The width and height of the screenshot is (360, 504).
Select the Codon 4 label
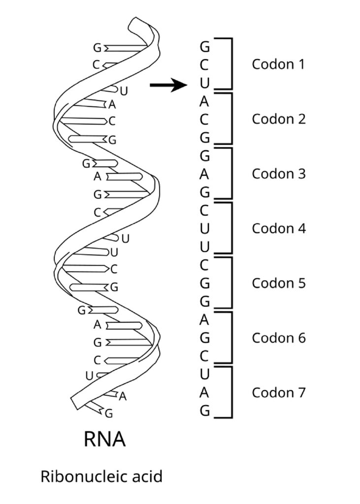279,228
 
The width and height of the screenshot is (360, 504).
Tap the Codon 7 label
279,392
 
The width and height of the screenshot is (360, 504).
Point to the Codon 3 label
279,174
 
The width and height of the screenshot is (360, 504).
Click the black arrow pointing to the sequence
168,85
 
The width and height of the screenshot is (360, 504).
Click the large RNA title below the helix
104,440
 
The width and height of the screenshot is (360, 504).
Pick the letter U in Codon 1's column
204,83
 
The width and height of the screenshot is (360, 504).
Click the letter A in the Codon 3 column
204,174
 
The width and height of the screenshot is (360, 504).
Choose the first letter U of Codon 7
204,374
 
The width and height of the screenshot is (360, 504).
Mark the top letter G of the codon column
204,47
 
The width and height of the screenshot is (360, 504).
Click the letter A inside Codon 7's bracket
204,392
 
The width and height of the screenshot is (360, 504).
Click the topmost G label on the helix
97,48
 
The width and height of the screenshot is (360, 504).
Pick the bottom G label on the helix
109,413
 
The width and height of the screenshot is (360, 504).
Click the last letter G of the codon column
204,411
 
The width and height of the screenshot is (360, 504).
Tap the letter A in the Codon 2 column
204,101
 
